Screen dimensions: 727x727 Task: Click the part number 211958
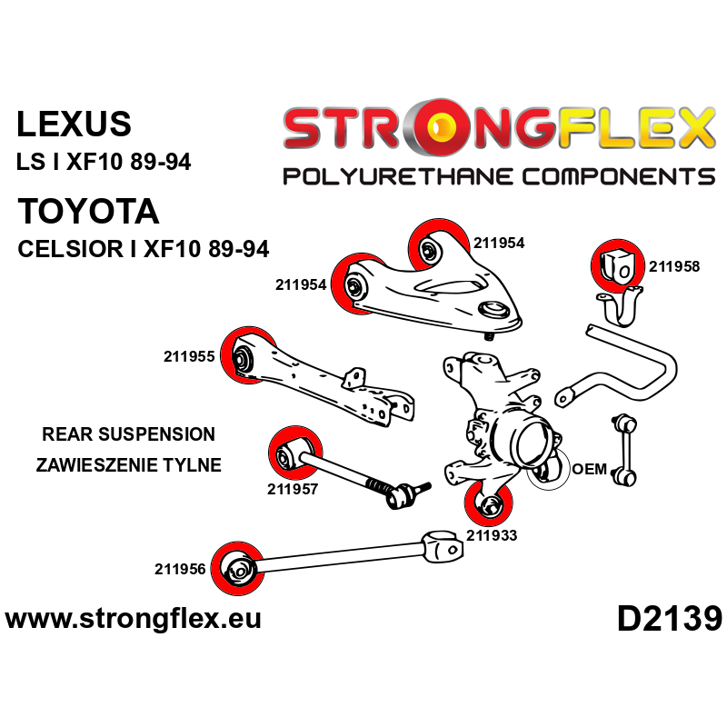(674, 266)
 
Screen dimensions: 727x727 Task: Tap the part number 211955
(189, 356)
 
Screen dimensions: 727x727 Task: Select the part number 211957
(293, 489)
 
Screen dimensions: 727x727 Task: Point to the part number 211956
(180, 569)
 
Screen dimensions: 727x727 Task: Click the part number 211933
(492, 535)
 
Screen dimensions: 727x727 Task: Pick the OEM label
(589, 469)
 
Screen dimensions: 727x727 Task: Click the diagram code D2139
(670, 620)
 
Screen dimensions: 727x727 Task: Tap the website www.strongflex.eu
(134, 619)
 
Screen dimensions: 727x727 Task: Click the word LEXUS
(75, 124)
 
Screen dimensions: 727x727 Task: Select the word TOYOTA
(88, 212)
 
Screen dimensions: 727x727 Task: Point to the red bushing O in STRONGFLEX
(439, 126)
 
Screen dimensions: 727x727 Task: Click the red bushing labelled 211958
(618, 266)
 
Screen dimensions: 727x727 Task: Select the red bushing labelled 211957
(294, 453)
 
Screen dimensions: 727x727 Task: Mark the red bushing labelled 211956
(237, 569)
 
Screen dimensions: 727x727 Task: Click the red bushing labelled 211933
(489, 503)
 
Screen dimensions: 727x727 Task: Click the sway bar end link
(624, 450)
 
